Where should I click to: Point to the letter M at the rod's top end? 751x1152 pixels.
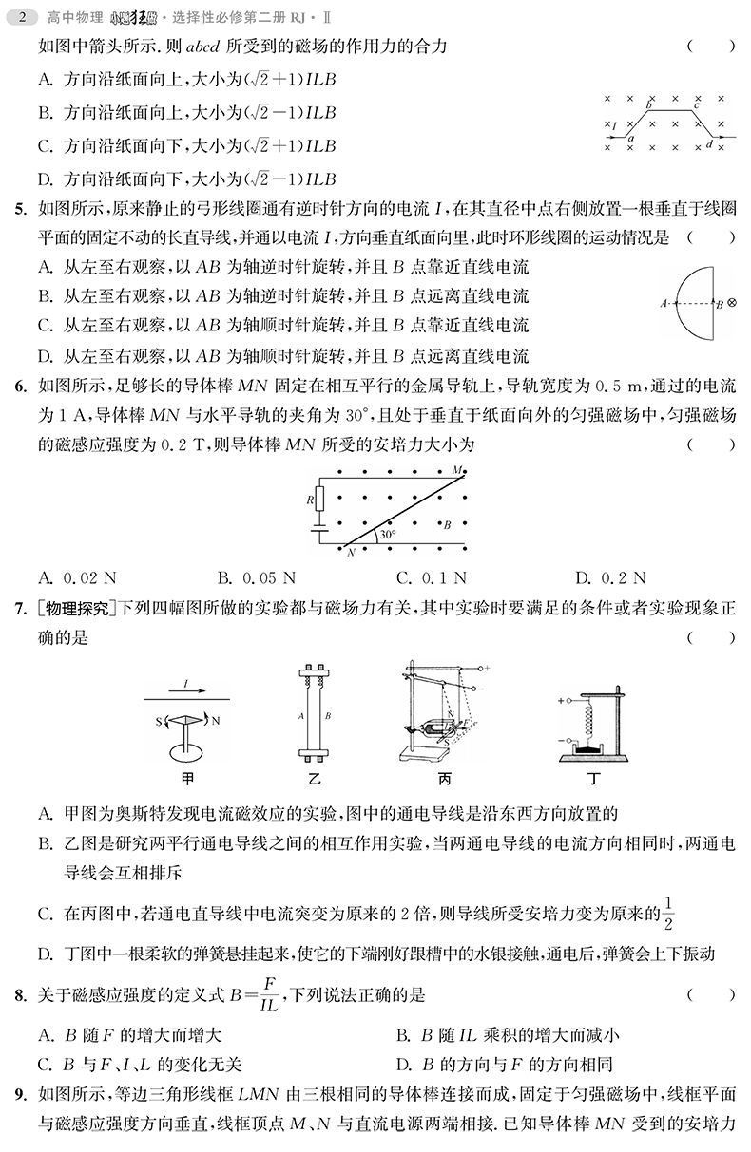coord(457,470)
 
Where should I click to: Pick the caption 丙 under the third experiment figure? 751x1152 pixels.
coord(444,780)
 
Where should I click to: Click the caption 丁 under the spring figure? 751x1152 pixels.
coord(595,780)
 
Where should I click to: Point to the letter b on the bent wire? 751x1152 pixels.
coord(649,104)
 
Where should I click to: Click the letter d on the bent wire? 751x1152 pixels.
coord(709,144)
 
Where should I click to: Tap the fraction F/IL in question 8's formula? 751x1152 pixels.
coord(269,995)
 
